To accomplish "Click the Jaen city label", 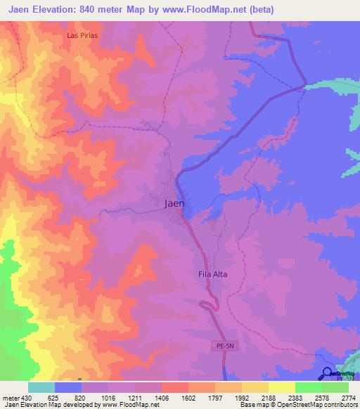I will tap(174, 204).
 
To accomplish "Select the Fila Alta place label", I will tap(211, 275).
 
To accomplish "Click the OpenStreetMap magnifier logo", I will tap(328, 375).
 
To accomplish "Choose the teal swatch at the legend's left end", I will tap(41, 387).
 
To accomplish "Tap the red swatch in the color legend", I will tap(175, 387).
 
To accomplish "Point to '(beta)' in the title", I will tap(258, 9).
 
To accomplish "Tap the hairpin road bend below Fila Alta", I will tap(204, 304).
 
